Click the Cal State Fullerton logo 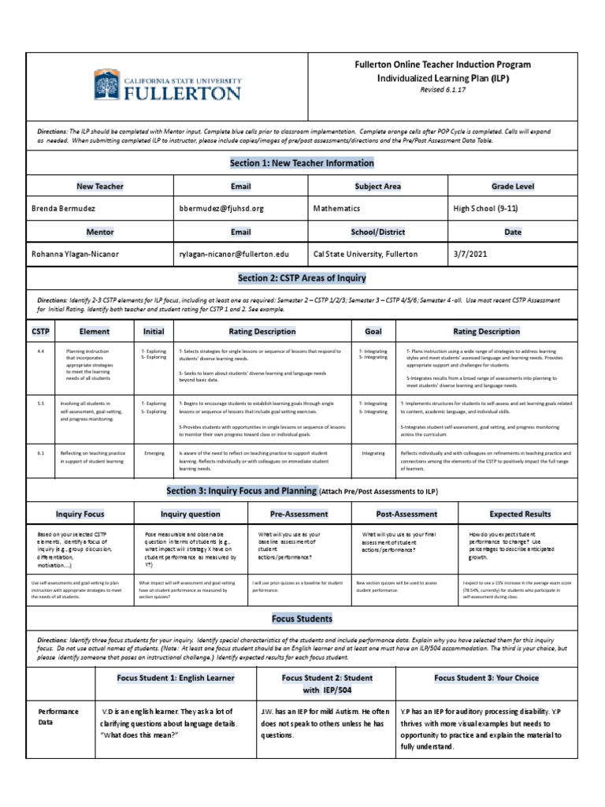pos(166,84)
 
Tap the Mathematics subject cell pos(336,209)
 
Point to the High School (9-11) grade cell pos(485,209)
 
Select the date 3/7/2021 pos(470,255)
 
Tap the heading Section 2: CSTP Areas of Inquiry pos(302,278)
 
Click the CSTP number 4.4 pos(41,351)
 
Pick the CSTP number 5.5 pos(41,403)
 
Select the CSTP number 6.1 pos(41,454)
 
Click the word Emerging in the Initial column pos(154,454)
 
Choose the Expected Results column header pos(520,514)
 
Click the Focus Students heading pos(302,619)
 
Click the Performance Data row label pos(59,717)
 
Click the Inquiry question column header pos(190,514)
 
